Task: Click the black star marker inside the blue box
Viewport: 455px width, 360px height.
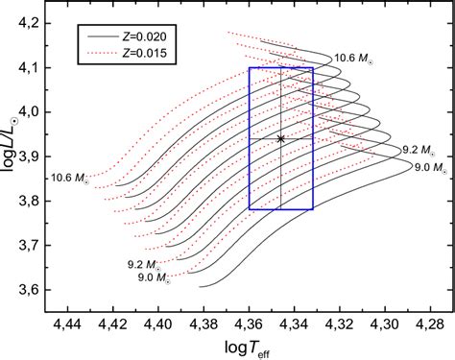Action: click(281, 138)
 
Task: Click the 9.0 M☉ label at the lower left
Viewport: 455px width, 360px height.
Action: click(144, 277)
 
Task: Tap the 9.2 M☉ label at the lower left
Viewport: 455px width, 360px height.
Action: click(144, 262)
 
